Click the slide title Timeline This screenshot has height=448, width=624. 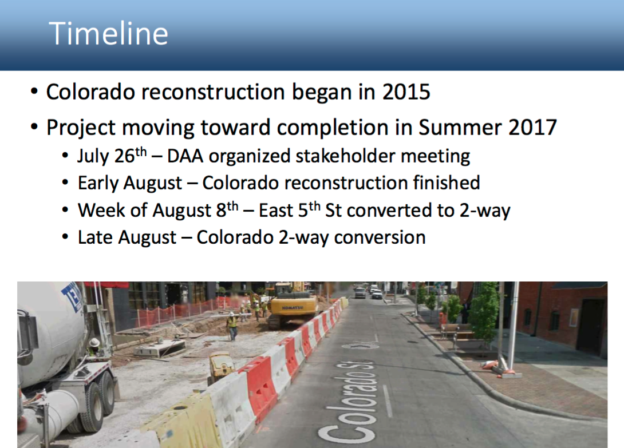(x=108, y=33)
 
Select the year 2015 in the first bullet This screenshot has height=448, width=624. (x=406, y=92)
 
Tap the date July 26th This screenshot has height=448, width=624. (x=112, y=156)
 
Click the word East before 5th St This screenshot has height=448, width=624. (x=276, y=210)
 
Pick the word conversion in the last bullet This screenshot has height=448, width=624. (x=380, y=237)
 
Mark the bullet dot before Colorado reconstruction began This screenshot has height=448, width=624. (x=34, y=92)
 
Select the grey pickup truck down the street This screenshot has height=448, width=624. (x=360, y=292)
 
